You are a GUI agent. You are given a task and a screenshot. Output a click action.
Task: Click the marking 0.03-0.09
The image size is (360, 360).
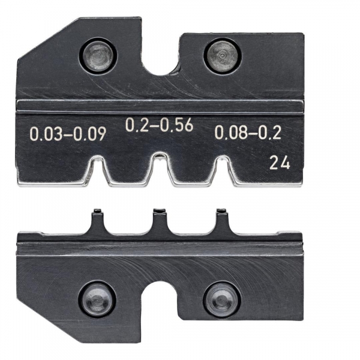tap(68, 134)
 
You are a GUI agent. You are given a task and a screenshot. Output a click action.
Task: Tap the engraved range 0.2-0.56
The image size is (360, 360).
tap(159, 125)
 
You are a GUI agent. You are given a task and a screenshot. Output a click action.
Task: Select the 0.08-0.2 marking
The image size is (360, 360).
tap(248, 133)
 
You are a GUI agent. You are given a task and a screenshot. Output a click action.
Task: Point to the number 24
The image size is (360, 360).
tap(280, 163)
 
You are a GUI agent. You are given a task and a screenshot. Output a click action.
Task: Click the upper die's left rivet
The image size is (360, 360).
tap(98, 56)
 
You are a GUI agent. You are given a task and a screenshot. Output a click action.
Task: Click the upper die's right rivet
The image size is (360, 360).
tap(222, 56)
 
